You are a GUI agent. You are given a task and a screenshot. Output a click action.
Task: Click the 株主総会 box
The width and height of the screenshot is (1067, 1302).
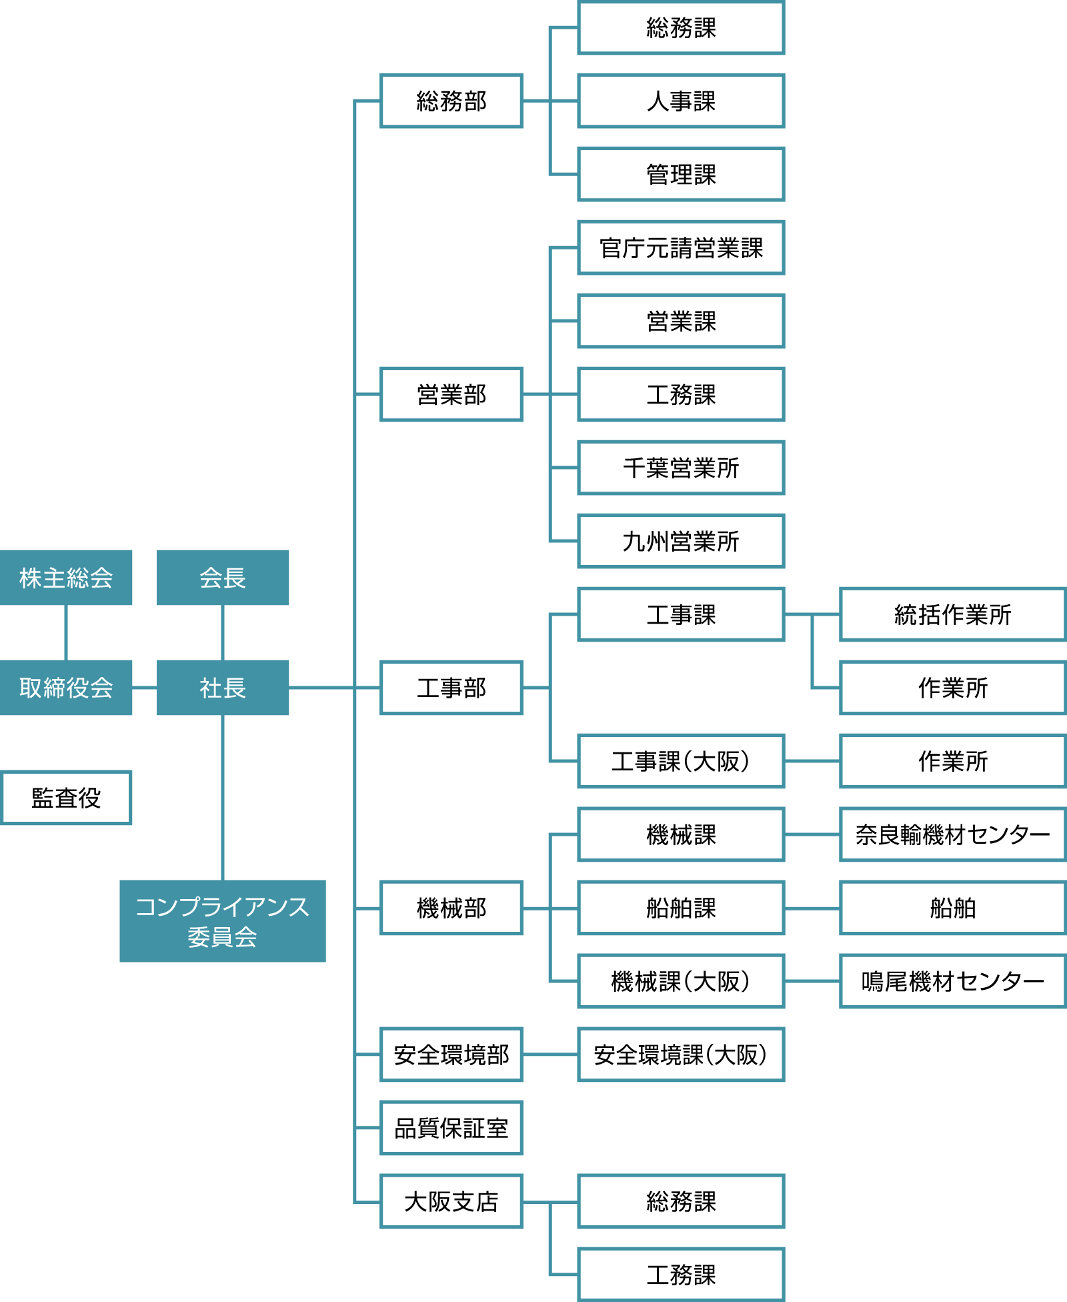pos(66,578)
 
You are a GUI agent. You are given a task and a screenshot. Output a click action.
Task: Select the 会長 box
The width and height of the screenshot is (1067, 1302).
pos(223,578)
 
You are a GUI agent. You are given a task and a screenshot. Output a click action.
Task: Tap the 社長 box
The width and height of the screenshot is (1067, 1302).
pos(223,688)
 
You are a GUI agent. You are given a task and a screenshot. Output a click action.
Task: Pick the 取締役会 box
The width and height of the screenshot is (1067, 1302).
pos(66,688)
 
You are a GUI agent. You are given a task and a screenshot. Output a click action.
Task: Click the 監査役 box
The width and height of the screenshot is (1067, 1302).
pos(66,798)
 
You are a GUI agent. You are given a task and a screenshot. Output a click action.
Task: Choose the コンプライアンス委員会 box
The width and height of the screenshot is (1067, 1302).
pos(223,921)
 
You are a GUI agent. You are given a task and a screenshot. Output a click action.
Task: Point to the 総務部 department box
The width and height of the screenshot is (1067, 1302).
pos(451,101)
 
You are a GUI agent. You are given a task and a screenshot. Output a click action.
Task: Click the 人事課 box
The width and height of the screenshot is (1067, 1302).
pos(681,101)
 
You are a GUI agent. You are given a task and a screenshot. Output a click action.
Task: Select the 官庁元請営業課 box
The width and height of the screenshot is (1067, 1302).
pos(681,247)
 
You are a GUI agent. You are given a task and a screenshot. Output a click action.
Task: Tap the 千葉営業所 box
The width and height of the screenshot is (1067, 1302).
pos(681,468)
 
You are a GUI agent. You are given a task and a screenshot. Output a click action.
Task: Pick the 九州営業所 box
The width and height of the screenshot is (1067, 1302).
pos(681,541)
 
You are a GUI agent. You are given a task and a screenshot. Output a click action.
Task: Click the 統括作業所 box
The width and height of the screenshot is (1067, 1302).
pos(952,614)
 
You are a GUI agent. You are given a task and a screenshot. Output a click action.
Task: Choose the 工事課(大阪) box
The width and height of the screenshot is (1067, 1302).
pos(681,761)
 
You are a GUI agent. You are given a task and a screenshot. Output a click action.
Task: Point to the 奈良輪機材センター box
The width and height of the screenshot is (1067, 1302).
pos(952,834)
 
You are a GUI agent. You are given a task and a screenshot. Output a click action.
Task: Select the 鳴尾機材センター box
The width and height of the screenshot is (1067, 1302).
pos(952,981)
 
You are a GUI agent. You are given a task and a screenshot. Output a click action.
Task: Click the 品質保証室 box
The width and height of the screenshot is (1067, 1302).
pos(451,1128)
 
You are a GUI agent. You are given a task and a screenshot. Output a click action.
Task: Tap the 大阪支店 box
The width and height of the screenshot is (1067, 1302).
pos(451,1201)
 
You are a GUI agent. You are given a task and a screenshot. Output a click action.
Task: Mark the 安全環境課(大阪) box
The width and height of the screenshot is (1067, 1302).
pos(681,1055)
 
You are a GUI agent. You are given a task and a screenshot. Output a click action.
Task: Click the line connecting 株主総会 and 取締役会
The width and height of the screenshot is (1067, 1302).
pos(66,632)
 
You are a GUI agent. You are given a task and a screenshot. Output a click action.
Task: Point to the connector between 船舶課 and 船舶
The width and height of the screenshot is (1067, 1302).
pos(812,908)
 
